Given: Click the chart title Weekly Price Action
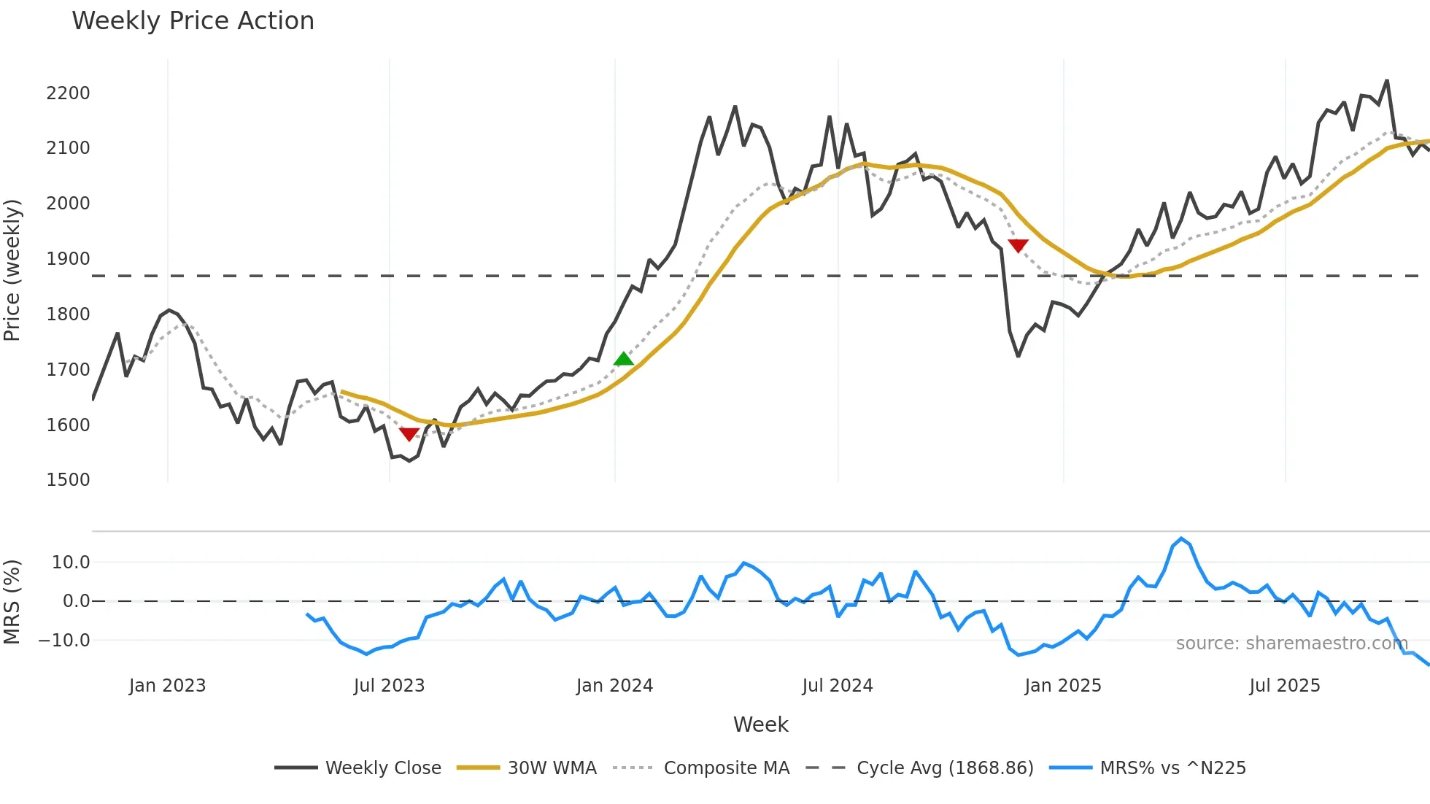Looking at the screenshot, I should coord(193,21).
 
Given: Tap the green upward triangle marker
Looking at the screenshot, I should coord(624,358).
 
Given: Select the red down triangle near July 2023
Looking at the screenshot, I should coord(409,434).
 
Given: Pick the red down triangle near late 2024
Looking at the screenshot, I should coord(1018,246).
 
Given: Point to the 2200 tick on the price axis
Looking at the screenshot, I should coord(68,93).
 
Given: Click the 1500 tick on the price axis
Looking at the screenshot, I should coord(68,480).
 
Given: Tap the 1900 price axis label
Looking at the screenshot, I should coord(68,259).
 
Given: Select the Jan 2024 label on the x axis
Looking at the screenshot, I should coord(614,686).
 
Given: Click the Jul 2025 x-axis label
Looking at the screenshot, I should coord(1285,686).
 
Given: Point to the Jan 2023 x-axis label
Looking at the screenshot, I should coord(167,686).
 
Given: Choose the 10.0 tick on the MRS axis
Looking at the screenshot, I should coord(71,563).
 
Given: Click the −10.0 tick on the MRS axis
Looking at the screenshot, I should coord(64,641).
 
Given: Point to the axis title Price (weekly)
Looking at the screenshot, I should coord(12,270).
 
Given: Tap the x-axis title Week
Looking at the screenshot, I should coord(760,724).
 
